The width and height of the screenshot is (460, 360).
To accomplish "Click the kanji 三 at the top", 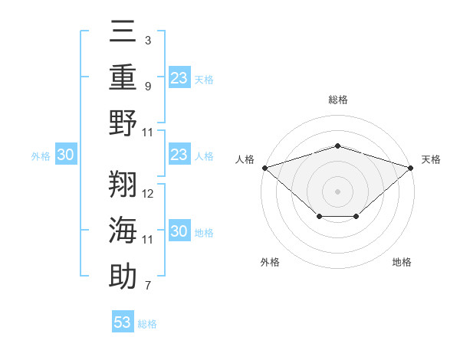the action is point(123,31).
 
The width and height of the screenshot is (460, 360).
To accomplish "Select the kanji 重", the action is point(123,77).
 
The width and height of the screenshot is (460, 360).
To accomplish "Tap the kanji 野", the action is point(123,123).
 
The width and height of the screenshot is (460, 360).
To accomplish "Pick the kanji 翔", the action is point(123,184).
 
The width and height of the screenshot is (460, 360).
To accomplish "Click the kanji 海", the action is point(123,230).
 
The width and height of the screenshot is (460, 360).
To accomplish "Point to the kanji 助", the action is point(123,276).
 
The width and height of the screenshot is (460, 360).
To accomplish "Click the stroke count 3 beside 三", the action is point(148,41).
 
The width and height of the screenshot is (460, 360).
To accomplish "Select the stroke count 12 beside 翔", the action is point(147,194).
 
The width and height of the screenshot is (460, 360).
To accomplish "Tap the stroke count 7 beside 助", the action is point(148,286).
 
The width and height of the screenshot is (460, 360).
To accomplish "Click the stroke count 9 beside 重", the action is point(148,87).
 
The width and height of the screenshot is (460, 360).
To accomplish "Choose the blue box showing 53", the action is point(123,321).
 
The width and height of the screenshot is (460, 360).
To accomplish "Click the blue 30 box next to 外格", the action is point(66,154).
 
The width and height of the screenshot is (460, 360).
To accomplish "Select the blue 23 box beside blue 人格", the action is point(179,154).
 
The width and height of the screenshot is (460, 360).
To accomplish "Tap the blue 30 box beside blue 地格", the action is point(179,230).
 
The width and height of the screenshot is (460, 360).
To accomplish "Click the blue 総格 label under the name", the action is point(147,324).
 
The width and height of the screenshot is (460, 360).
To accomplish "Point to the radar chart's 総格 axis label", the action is point(338,100).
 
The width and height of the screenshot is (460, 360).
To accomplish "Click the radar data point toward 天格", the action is point(411,168).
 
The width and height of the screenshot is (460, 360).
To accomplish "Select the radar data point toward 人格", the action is point(265,168).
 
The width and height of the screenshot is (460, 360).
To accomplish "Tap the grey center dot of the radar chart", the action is point(337,191).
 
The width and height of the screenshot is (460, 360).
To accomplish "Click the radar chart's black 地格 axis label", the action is point(402,262).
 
